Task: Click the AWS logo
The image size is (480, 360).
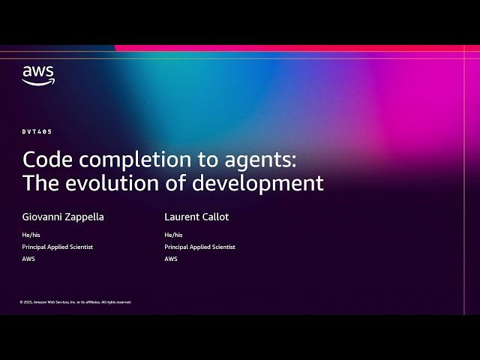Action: click(37, 75)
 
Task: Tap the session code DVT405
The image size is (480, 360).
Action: click(37, 131)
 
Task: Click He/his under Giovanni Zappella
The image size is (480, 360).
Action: click(31, 235)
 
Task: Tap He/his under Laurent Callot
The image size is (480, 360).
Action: click(173, 235)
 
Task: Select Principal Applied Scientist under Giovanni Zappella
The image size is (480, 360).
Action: click(58, 247)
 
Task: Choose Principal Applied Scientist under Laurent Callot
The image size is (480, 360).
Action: click(200, 247)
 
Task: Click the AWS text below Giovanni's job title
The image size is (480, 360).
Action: click(28, 259)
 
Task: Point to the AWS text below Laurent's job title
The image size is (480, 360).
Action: click(171, 259)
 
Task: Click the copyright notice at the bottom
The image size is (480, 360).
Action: click(76, 302)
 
